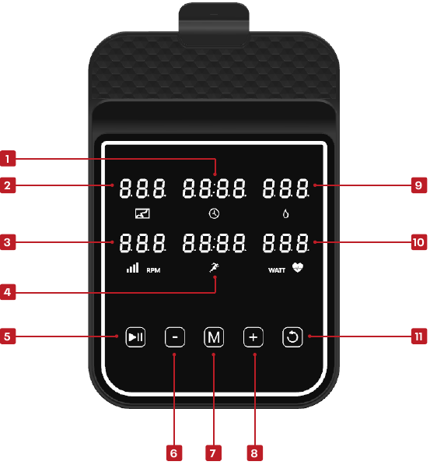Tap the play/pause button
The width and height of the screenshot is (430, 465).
135,337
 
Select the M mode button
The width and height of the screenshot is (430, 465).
214,337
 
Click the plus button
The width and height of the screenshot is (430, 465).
253,337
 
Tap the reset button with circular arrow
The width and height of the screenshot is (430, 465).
292,337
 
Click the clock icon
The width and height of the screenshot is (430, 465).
214,213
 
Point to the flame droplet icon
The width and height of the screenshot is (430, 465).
286,213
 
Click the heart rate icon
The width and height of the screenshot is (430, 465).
298,267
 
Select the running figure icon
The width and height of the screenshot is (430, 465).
214,267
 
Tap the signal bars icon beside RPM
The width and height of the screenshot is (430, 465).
133,267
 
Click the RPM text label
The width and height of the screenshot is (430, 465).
153,270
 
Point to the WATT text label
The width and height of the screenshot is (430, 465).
277,270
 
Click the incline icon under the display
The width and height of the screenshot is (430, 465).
142,213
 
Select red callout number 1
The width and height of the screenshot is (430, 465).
8,159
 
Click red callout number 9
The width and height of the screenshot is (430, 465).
419,185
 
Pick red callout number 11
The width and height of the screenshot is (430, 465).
419,336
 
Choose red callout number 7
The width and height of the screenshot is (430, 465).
213,453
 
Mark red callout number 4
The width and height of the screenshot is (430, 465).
8,292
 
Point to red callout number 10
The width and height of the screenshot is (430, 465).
419,242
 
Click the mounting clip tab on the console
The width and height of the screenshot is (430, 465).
214,24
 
